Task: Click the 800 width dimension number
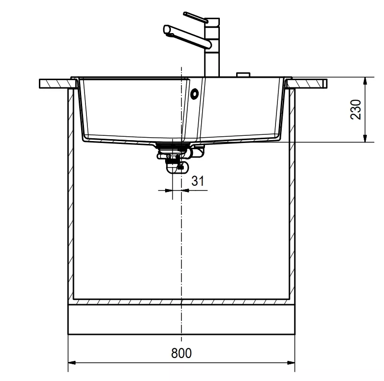tap(181, 353)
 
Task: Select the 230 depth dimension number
tap(356, 109)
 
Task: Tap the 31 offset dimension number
tap(198, 181)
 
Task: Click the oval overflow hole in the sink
tap(195, 94)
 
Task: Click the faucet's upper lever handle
tap(195, 17)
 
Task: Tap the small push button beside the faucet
tap(243, 74)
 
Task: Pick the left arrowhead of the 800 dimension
tap(72, 362)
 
